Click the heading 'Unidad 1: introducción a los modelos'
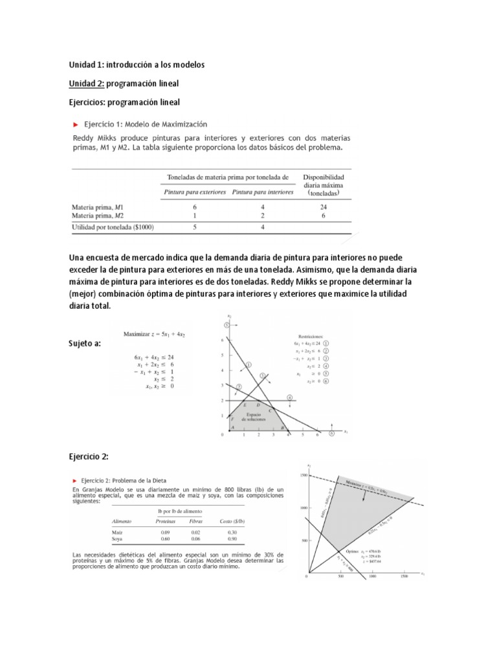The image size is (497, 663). click(x=137, y=65)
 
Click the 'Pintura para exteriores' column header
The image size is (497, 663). click(x=194, y=192)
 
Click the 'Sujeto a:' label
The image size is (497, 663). click(x=84, y=344)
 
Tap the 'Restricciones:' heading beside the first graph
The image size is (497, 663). click(x=311, y=336)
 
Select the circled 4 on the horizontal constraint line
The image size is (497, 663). click(x=289, y=397)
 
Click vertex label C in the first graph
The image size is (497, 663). click(x=270, y=410)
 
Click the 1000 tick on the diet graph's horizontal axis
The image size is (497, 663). click(x=372, y=578)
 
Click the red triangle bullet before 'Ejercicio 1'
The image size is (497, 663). click(x=76, y=123)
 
